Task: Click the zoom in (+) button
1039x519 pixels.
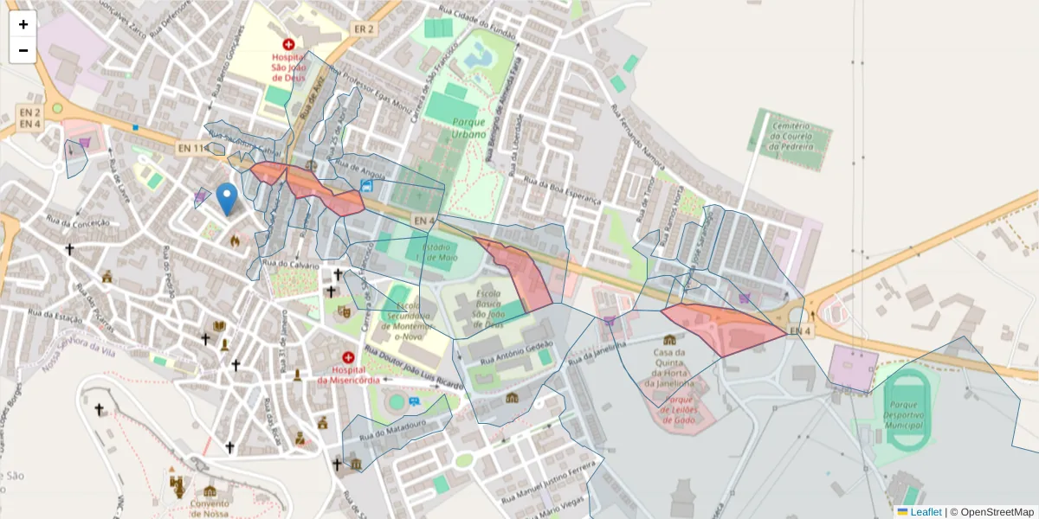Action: click(23, 24)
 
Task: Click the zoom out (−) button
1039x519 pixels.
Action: click(23, 50)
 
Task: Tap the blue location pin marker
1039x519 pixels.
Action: click(227, 198)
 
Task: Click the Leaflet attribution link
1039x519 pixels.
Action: click(925, 512)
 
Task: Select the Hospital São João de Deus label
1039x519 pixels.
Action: click(288, 62)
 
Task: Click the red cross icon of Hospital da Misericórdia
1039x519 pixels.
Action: click(348, 357)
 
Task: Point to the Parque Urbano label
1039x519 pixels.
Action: click(468, 128)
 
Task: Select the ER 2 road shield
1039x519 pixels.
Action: click(364, 29)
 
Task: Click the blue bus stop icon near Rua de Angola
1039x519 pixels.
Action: click(367, 185)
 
